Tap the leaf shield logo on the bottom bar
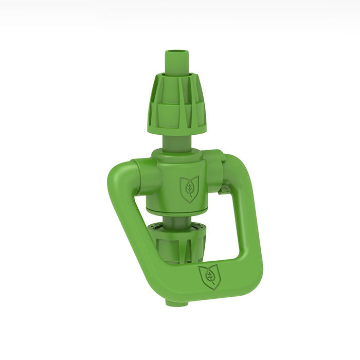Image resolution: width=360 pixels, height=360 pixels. coord(210,278)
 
